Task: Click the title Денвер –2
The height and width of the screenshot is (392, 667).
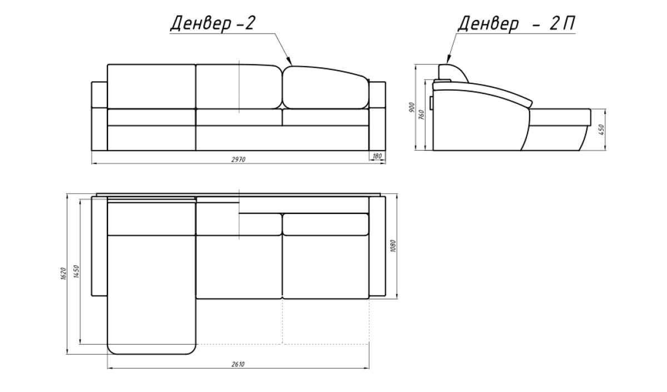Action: [212, 23]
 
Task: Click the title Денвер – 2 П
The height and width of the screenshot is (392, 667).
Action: [516, 23]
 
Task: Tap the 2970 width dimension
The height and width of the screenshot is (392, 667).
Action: [238, 160]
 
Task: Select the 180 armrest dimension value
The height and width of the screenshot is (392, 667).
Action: [377, 156]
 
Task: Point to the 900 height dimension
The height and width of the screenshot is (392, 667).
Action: [412, 107]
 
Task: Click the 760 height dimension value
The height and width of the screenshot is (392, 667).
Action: [421, 115]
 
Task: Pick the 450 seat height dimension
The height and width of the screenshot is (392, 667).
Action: [601, 130]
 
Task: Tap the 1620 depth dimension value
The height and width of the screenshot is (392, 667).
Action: [63, 274]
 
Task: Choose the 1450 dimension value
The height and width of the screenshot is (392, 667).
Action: [76, 271]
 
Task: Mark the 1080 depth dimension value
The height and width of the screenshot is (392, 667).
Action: [393, 246]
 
